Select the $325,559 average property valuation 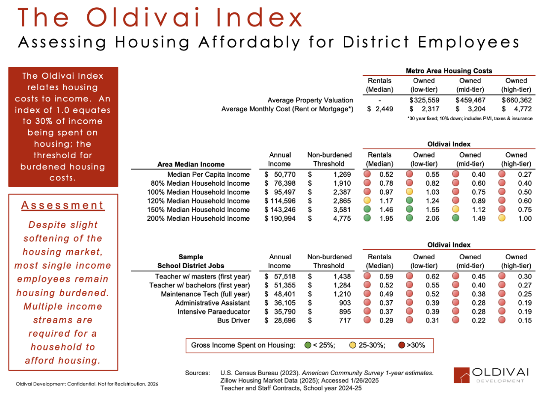(424, 101)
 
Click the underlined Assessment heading (63, 205)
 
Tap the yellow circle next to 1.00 (502, 219)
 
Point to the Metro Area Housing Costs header (449, 71)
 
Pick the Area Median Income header (191, 164)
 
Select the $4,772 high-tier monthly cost (517, 110)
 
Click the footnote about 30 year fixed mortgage (470, 119)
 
